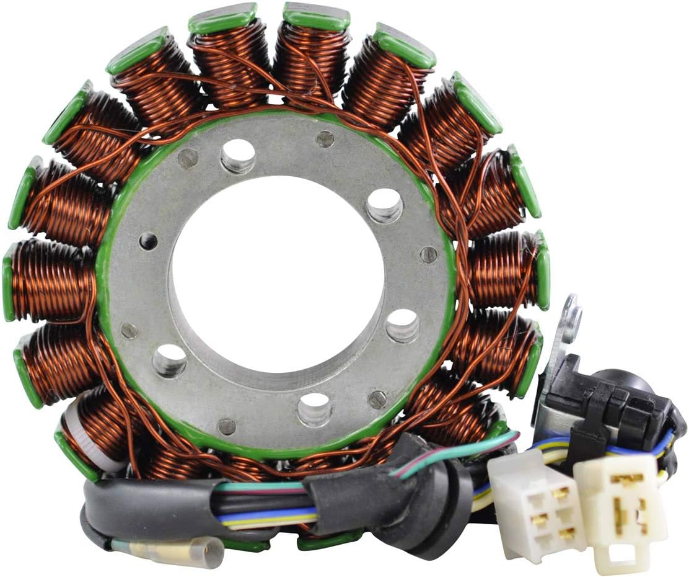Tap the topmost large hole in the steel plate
238,155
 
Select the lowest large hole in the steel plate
314,409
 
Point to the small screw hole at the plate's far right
428,254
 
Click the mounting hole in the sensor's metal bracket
573,323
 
